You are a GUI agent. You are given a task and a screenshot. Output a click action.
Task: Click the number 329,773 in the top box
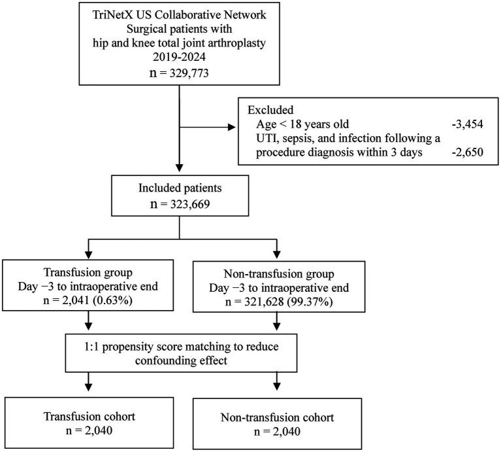click(189, 73)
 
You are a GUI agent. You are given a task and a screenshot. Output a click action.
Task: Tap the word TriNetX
click(110, 14)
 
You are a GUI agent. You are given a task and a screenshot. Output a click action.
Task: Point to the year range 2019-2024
click(179, 57)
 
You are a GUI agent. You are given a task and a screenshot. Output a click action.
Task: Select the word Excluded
click(270, 110)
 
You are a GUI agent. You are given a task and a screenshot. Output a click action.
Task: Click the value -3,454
click(467, 124)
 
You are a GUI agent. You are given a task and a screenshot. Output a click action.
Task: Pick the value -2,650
click(467, 152)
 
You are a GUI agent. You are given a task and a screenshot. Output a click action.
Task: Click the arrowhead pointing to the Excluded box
click(231, 128)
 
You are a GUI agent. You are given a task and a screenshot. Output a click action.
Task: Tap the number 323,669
click(190, 204)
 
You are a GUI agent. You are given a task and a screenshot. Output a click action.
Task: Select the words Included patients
click(180, 188)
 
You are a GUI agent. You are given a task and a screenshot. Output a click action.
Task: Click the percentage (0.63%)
click(112, 300)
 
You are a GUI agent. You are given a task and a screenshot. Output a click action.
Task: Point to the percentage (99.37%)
click(310, 302)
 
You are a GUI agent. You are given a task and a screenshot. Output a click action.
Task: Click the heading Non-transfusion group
click(279, 274)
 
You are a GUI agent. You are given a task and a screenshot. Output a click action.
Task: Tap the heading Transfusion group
click(88, 272)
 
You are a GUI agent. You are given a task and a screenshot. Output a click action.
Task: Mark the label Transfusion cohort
click(89, 417)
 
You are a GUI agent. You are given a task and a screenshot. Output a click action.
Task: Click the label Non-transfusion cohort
click(278, 417)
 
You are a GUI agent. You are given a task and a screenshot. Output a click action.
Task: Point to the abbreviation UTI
click(265, 138)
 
